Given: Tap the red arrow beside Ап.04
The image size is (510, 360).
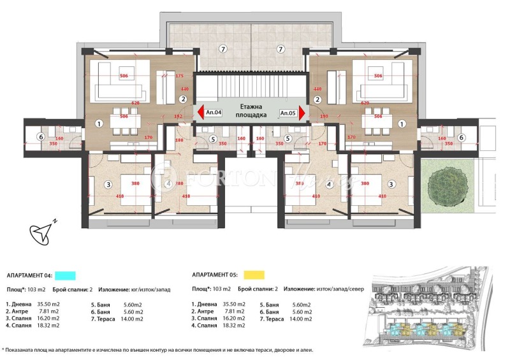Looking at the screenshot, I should coord(199,113).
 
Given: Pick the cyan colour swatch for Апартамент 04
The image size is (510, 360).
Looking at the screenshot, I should coord(66,275).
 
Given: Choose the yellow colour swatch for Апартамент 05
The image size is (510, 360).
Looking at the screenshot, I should coord(255,275).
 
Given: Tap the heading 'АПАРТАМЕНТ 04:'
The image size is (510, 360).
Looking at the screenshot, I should coord(29,276).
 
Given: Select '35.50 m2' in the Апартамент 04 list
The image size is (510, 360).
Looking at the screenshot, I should coord(49,305).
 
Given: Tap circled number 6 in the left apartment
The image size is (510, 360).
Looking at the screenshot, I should coord(40,137).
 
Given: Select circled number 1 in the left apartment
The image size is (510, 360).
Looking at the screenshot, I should coord(99,123).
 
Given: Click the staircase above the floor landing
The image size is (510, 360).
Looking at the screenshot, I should coord(251,86).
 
